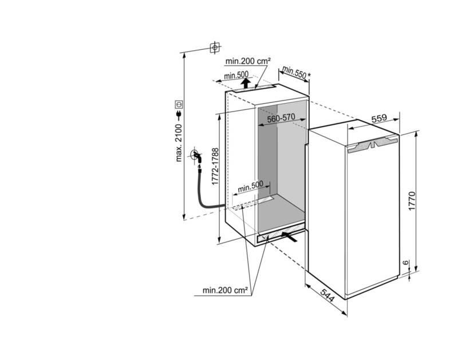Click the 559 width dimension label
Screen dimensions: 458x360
[x=379, y=118]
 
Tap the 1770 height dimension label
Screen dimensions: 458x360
[x=412, y=201]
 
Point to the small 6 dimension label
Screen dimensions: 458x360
[x=405, y=263]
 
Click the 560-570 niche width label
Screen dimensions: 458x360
[x=281, y=118]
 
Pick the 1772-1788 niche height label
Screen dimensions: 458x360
[x=215, y=166]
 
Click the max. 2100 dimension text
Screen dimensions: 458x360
[x=179, y=143]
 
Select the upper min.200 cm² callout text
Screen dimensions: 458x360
[x=248, y=61]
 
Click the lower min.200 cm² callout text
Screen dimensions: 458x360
[x=225, y=290]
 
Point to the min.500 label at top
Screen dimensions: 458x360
[x=236, y=76]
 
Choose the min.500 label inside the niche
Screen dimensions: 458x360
[x=250, y=186]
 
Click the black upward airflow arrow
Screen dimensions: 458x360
[x=246, y=83]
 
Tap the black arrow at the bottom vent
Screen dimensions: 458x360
[x=290, y=236]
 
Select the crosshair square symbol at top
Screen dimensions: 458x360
[x=215, y=48]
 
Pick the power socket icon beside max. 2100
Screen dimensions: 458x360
[x=179, y=104]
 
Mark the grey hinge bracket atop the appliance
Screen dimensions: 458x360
[x=372, y=145]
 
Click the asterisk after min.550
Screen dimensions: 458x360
[x=309, y=76]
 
